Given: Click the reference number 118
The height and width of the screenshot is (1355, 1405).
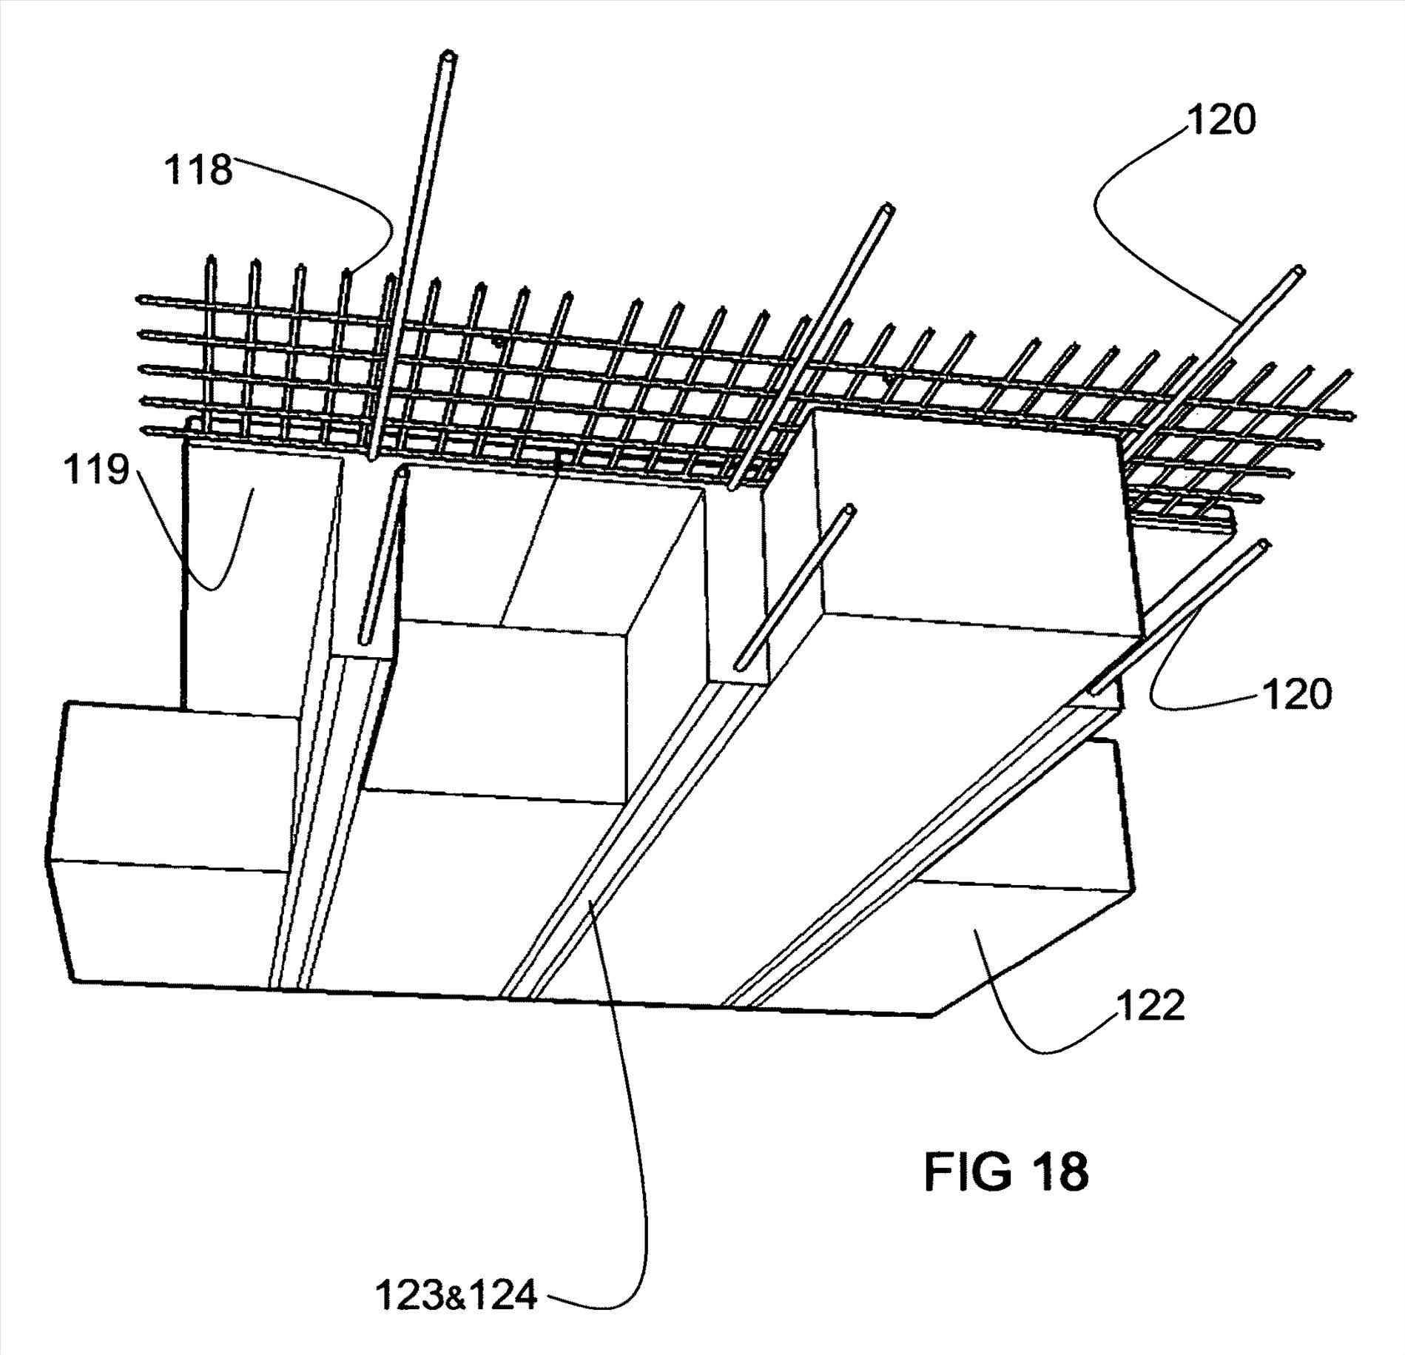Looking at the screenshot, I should coord(198,169).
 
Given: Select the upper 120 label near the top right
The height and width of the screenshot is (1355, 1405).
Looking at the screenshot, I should coord(1222,119).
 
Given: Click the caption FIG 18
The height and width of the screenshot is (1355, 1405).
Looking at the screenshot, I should coord(1006,1171).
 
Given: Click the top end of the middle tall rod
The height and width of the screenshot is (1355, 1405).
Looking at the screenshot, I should coord(889,209).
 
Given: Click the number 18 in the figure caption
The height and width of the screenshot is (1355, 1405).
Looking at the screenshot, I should coord(1059,1171).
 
